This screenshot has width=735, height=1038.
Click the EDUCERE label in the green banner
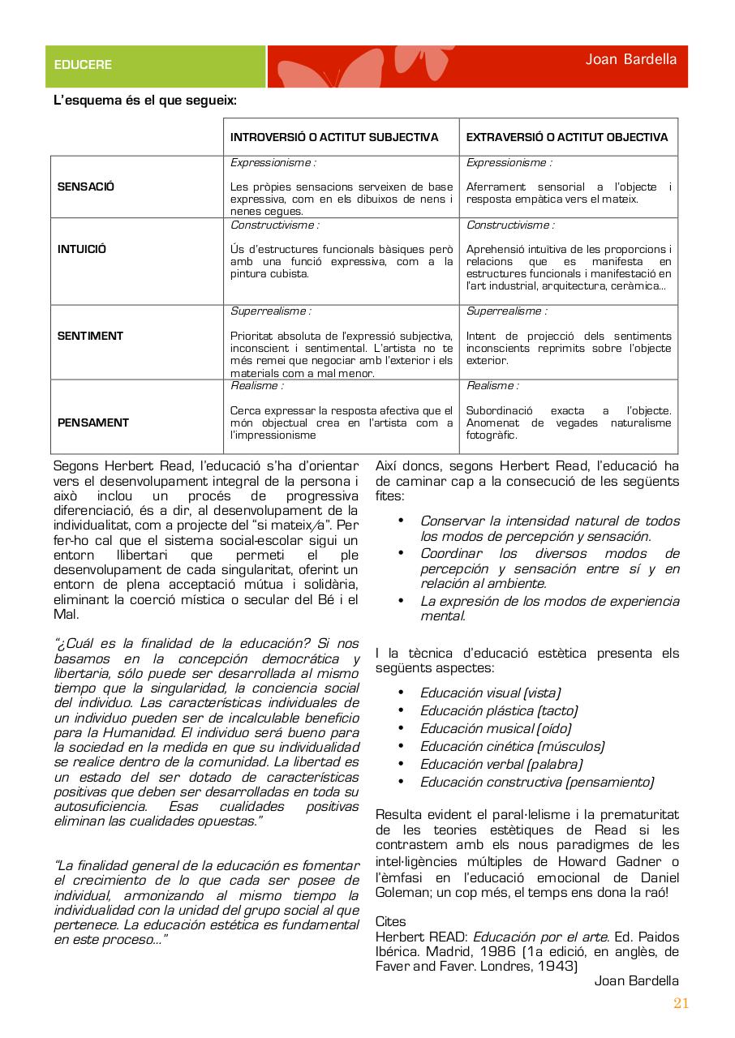83,65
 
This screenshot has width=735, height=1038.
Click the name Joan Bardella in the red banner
631,59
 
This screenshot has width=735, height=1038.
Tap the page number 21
681,1003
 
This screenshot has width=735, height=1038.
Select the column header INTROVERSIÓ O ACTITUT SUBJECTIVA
334,137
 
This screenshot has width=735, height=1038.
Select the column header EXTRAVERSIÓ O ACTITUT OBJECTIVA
567,137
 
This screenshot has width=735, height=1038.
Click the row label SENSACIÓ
86,187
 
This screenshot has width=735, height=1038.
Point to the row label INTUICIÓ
81,250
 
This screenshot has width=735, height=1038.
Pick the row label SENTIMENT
90,336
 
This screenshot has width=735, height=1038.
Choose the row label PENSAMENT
92,422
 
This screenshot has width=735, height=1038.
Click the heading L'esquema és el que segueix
145,101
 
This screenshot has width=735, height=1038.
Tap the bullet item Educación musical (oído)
495,728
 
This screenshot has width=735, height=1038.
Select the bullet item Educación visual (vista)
490,693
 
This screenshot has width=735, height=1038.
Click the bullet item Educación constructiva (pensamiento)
536,782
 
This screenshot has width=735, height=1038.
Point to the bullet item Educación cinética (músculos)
512,746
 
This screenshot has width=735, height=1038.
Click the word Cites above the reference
391,922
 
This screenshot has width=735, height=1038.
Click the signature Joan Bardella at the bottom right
637,981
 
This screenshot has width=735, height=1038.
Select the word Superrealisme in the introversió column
270,311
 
